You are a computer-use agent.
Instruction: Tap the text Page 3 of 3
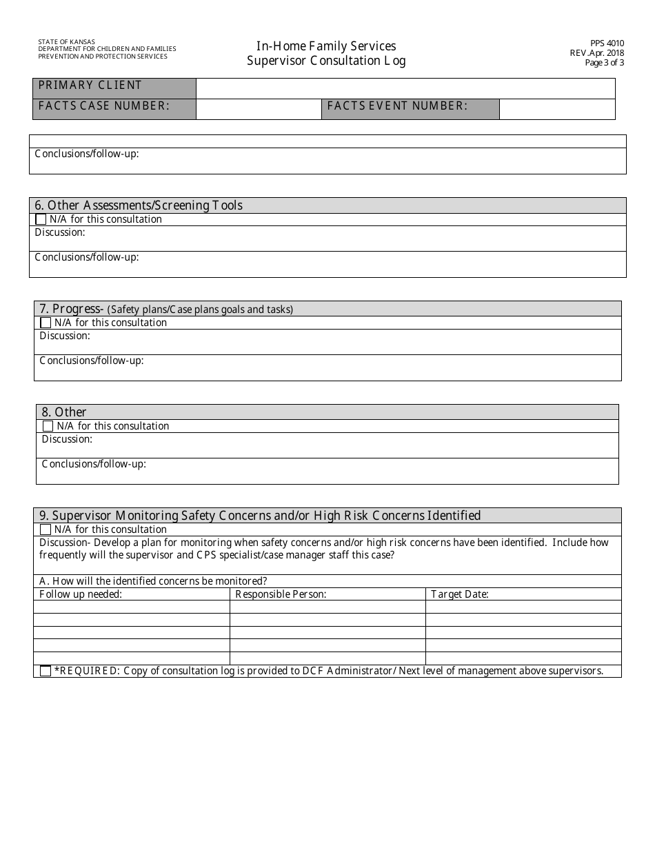click(x=604, y=62)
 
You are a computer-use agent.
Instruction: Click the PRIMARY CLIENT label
click(x=90, y=85)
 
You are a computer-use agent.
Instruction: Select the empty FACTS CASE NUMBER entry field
click(x=259, y=109)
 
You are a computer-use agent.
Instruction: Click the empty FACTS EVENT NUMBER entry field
click(x=556, y=109)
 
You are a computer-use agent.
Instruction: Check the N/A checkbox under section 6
click(x=41, y=219)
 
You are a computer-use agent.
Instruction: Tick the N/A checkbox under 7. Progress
click(x=46, y=323)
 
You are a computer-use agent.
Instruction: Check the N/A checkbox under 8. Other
click(x=48, y=426)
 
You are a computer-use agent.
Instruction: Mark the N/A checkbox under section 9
click(x=46, y=529)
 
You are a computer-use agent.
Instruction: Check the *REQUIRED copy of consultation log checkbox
click(x=46, y=671)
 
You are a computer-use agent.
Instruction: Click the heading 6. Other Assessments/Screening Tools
click(x=139, y=205)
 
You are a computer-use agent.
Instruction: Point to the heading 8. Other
click(x=64, y=412)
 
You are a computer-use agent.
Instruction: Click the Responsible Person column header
click(x=281, y=594)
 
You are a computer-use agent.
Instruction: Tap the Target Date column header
click(x=459, y=594)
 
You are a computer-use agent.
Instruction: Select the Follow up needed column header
click(x=81, y=594)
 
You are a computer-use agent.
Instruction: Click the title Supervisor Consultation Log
click(x=326, y=61)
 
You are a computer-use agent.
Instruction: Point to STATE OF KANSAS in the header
click(x=67, y=42)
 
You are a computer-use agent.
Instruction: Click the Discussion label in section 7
click(x=65, y=336)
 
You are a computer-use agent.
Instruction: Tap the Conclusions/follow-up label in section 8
click(x=94, y=464)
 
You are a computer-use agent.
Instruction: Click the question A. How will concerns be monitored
click(x=153, y=581)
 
